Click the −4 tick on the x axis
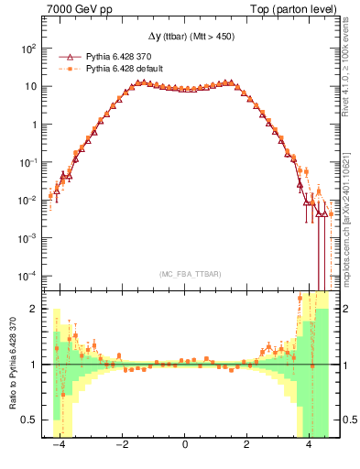pyautogui.click(x=60, y=445)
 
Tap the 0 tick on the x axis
pyautogui.click(x=186, y=445)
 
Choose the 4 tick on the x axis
pyautogui.click(x=309, y=445)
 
